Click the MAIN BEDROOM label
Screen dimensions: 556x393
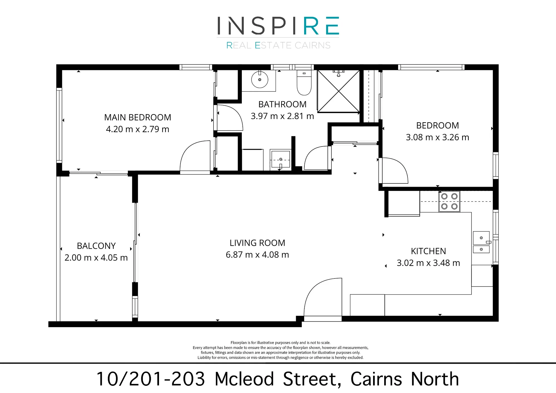138,117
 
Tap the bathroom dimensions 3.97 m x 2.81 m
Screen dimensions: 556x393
282,116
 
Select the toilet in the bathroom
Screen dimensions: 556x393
304,83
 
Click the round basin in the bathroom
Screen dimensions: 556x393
260,79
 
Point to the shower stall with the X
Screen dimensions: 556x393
339,91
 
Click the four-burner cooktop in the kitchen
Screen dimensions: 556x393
449,202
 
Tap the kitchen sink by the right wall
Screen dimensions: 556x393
481,242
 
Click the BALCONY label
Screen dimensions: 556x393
96,246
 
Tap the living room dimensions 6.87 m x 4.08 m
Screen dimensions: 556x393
257,255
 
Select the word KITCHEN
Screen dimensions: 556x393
428,251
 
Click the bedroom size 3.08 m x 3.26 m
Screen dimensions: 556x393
438,137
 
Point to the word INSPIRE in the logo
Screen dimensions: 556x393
278,26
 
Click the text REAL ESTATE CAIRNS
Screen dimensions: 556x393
278,45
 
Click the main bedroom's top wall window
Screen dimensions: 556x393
196,67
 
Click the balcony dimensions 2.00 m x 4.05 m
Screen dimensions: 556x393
96,258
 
